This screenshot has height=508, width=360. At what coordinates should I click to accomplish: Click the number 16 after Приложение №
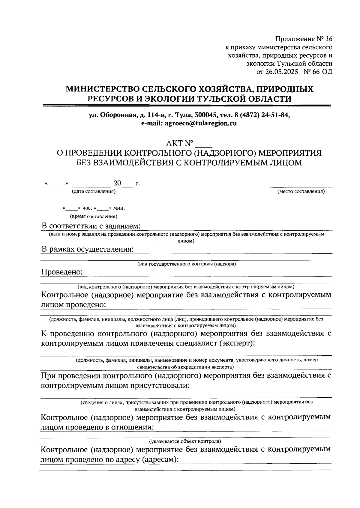point(328,39)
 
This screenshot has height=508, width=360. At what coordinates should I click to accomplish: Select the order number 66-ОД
point(322,72)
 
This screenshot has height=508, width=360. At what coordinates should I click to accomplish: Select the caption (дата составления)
point(94,191)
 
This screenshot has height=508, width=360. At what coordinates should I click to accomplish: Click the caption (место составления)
point(301,191)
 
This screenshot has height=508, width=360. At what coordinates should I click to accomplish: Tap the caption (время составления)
point(94,216)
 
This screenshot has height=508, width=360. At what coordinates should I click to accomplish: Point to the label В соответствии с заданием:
point(91,226)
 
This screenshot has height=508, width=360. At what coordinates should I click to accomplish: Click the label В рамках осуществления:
point(87,249)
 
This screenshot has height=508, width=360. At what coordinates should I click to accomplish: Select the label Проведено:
point(62,272)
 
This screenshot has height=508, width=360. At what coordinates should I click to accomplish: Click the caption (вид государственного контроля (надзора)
point(187,264)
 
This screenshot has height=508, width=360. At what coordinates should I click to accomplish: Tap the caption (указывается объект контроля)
point(185,441)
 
